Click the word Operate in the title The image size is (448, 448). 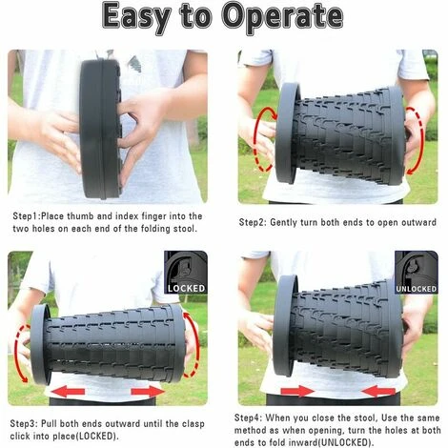[282, 16]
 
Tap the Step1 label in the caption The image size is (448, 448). [26, 216]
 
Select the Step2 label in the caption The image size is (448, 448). [253, 222]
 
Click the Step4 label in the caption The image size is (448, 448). [248, 417]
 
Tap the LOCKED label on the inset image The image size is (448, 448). [186, 288]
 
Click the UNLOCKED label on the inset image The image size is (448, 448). [417, 289]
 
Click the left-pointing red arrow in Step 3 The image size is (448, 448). [68, 391]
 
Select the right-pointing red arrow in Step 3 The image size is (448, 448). [148, 391]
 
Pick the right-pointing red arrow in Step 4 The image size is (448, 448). [297, 391]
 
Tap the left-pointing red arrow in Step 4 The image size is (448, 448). [378, 391]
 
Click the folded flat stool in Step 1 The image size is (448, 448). [100, 129]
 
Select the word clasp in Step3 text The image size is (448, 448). [193, 424]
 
